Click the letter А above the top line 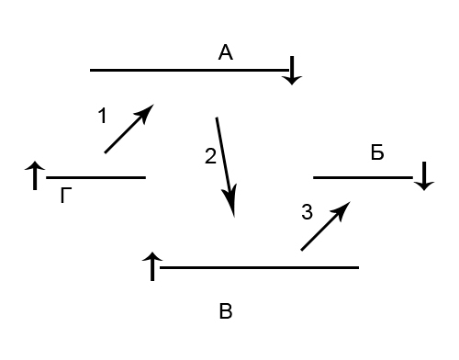tap(226, 52)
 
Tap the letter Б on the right tap(377, 152)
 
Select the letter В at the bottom tap(226, 311)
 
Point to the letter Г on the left tap(66, 196)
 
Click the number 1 tap(102, 116)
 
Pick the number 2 tap(210, 156)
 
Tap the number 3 tap(307, 212)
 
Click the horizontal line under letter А tap(189, 70)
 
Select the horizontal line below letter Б tap(363, 177)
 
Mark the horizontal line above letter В tap(259, 267)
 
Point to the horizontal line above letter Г tap(95, 177)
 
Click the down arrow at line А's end tap(292, 71)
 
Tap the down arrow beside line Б tap(424, 176)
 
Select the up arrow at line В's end tap(152, 266)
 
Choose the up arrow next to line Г tap(35, 175)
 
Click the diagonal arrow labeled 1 tap(129, 129)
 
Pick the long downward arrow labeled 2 tap(226, 167)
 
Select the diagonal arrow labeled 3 tap(326, 226)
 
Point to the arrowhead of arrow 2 tap(230, 200)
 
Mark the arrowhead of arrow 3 tap(342, 209)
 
